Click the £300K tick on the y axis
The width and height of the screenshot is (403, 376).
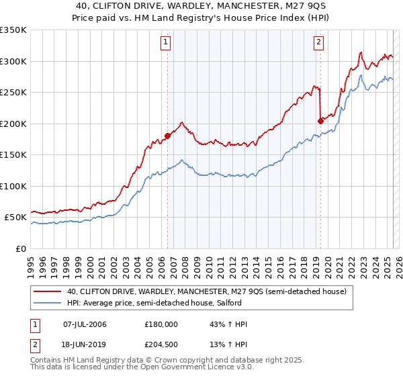tap(13, 61)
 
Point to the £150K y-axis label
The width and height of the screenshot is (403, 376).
tap(13, 154)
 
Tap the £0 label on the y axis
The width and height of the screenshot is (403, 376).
tap(21, 248)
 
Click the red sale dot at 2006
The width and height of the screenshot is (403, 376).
tap(167, 136)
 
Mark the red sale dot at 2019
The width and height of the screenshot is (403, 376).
tap(320, 121)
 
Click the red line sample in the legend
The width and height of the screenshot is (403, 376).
tap(47, 291)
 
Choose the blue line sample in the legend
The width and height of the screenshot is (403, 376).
tap(47, 304)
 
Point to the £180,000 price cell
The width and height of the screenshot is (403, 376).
tap(161, 324)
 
